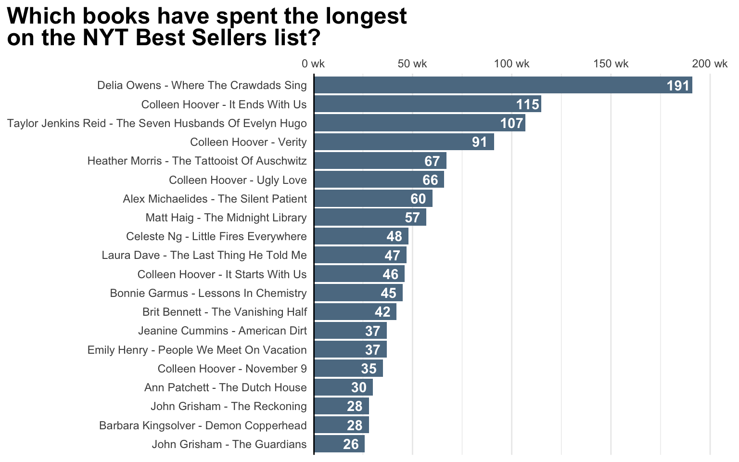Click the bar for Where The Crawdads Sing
[503, 85]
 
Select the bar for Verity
[404, 142]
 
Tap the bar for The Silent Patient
[373, 199]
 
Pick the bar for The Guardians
[339, 444]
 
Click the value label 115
[527, 104]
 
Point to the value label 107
[511, 123]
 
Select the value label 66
[430, 180]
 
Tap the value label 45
[388, 293]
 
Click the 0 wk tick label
[313, 64]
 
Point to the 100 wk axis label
[511, 64]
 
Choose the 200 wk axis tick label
[710, 64]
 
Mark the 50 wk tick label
[412, 64]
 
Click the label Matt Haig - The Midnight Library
[226, 218]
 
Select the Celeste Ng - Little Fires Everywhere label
[216, 236]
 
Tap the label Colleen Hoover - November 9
[232, 369]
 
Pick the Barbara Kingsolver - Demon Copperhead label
[203, 425]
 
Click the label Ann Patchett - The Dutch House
[225, 387]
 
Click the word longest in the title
[366, 16]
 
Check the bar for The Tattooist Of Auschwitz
[380, 161]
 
